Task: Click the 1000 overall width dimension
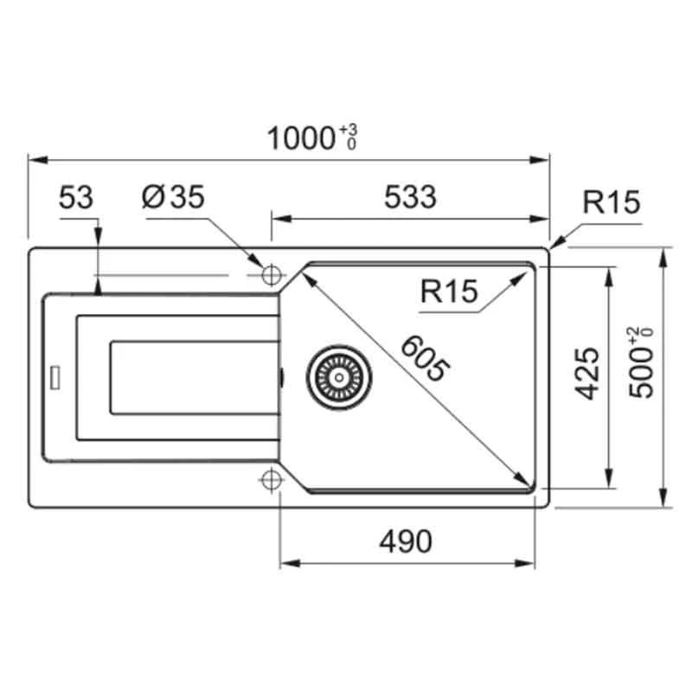tap(301, 138)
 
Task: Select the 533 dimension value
tap(410, 197)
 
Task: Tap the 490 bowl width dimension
tap(406, 541)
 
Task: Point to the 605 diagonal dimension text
tap(426, 358)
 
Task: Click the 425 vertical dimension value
tap(587, 374)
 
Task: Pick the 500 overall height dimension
tap(641, 374)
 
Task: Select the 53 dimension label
tap(76, 197)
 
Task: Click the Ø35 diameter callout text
tap(173, 196)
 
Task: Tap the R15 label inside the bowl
tap(449, 292)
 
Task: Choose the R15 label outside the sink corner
tap(612, 202)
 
